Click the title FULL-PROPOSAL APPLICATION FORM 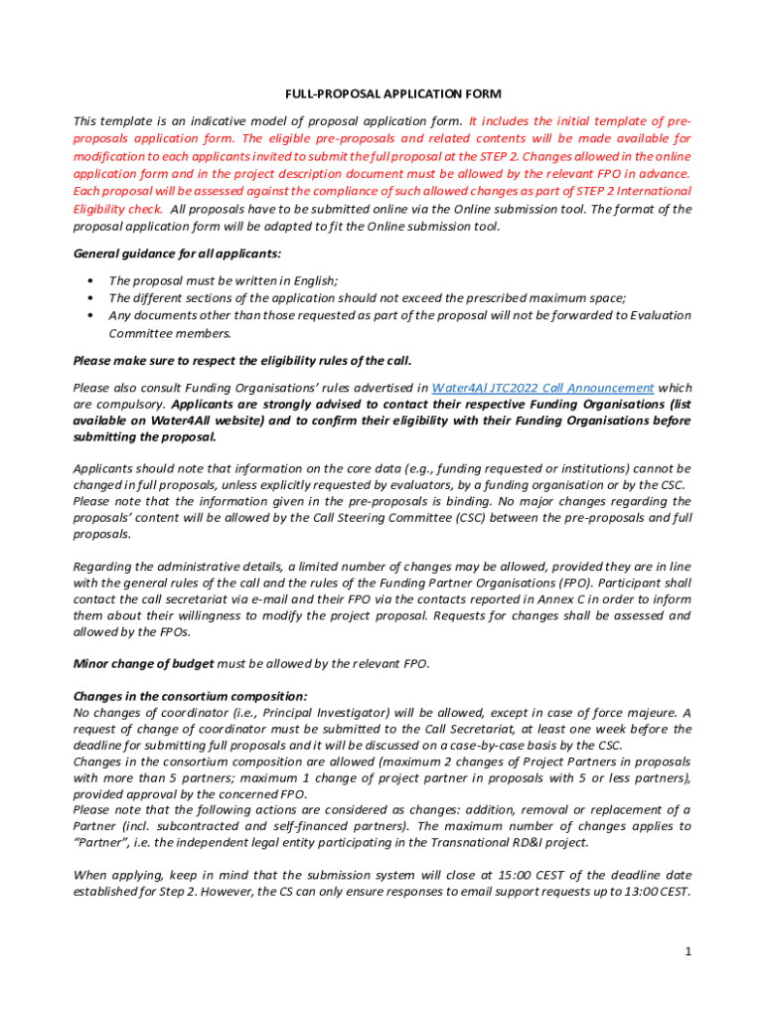[382, 94]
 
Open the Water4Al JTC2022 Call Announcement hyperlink [542, 388]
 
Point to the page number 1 [687, 951]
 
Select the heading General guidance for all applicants [162, 254]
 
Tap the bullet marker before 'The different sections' [91, 298]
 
